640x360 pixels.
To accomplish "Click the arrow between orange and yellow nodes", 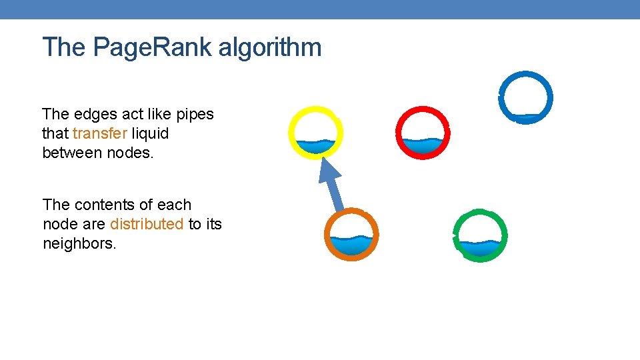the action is tap(333, 187).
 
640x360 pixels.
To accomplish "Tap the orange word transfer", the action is tap(99, 133).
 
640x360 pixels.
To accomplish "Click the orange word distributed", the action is tap(146, 224).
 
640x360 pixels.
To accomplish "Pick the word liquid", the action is tap(150, 133).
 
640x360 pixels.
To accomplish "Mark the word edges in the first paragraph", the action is tap(89, 115).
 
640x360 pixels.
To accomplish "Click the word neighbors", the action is tap(79, 243).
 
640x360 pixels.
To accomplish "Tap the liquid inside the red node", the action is tap(423, 145).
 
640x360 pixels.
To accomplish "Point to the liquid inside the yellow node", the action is tap(315, 145).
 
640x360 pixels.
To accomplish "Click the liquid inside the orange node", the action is tap(351, 245).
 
